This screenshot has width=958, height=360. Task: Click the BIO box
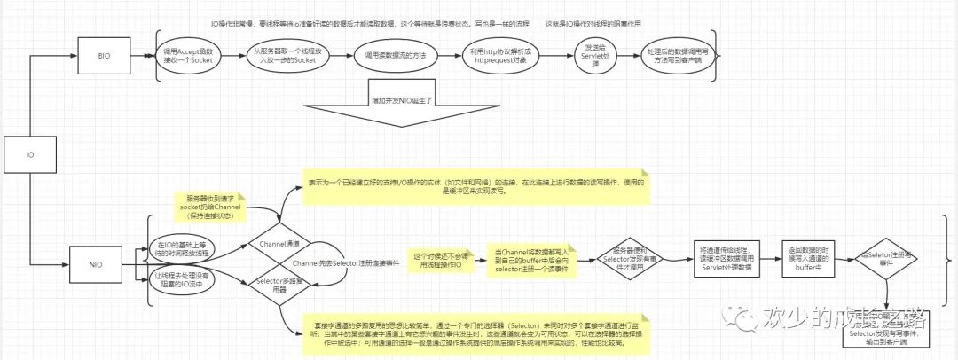click(104, 55)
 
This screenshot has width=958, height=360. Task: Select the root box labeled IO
click(29, 153)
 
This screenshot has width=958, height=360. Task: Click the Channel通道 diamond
click(279, 241)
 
